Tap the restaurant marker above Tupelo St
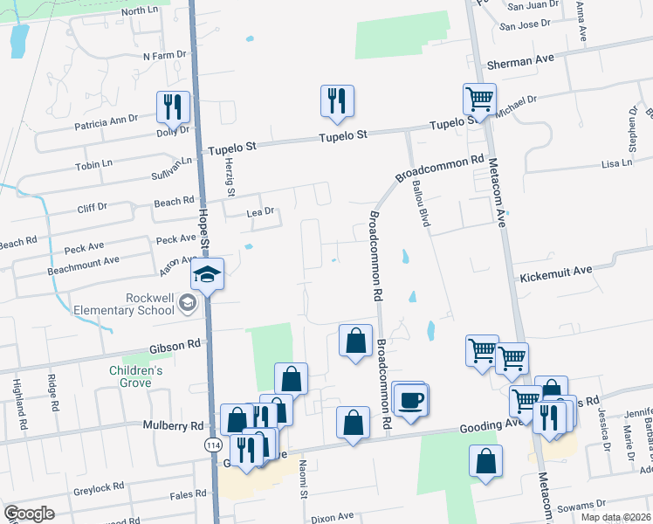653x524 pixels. (x=336, y=100)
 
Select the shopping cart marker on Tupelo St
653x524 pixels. (x=479, y=100)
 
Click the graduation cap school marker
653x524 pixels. (x=208, y=274)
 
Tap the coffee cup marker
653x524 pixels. (x=410, y=400)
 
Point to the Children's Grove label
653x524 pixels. (x=135, y=376)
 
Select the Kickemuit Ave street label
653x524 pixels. (x=556, y=274)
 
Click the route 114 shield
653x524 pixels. (x=212, y=445)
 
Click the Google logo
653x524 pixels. (x=29, y=514)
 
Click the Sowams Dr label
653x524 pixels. (x=582, y=504)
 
